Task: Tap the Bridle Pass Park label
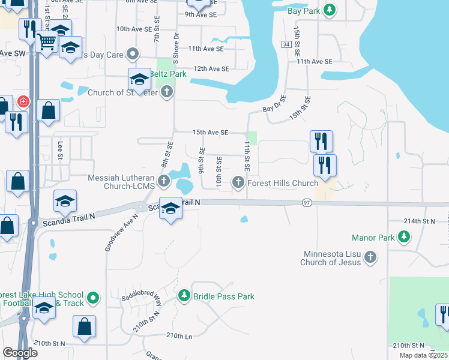[223, 296]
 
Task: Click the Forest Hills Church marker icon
[239, 183]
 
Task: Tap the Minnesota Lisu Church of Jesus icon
[370, 257]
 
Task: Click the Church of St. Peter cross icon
[167, 92]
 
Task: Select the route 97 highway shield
[306, 203]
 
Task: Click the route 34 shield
[286, 45]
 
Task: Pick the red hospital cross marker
[23, 101]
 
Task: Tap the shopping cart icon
[46, 42]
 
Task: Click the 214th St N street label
[419, 221]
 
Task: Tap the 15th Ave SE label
[210, 132]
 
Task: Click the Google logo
[20, 352]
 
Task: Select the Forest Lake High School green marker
[93, 296]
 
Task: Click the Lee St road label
[60, 149]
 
